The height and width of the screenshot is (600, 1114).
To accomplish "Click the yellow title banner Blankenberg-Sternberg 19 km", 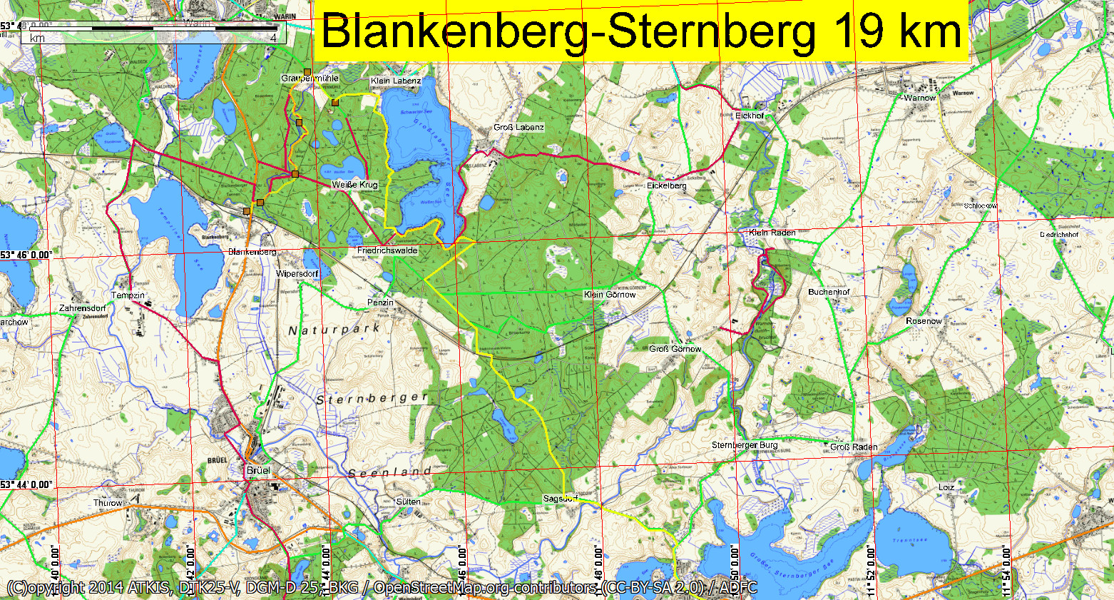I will (640, 31).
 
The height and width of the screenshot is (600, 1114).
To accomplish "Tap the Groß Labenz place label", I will (518, 128).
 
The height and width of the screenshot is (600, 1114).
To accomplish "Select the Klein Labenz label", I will (396, 81).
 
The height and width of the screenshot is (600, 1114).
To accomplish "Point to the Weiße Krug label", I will (354, 185).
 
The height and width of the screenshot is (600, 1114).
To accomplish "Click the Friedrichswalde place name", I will (387, 251).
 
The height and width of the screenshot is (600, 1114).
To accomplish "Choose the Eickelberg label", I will (667, 185).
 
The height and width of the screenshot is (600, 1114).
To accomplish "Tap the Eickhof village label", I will (749, 116).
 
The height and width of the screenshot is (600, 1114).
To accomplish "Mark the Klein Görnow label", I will (610, 295).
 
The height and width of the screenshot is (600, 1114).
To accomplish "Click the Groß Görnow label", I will (675, 349).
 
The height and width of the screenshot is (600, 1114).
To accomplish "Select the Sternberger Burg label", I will (745, 445).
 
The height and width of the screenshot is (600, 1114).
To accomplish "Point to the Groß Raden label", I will (854, 447).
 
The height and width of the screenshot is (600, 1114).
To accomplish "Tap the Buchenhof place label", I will (829, 292).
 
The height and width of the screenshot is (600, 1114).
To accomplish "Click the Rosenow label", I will (924, 321).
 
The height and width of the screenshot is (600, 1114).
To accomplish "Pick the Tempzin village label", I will (128, 295).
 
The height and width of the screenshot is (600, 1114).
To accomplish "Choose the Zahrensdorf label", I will (82, 308).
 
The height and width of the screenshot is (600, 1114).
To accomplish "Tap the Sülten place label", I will (408, 502).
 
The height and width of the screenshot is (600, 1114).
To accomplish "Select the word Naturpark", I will (334, 330).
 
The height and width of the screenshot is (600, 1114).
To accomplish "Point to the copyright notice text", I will (382, 588).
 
